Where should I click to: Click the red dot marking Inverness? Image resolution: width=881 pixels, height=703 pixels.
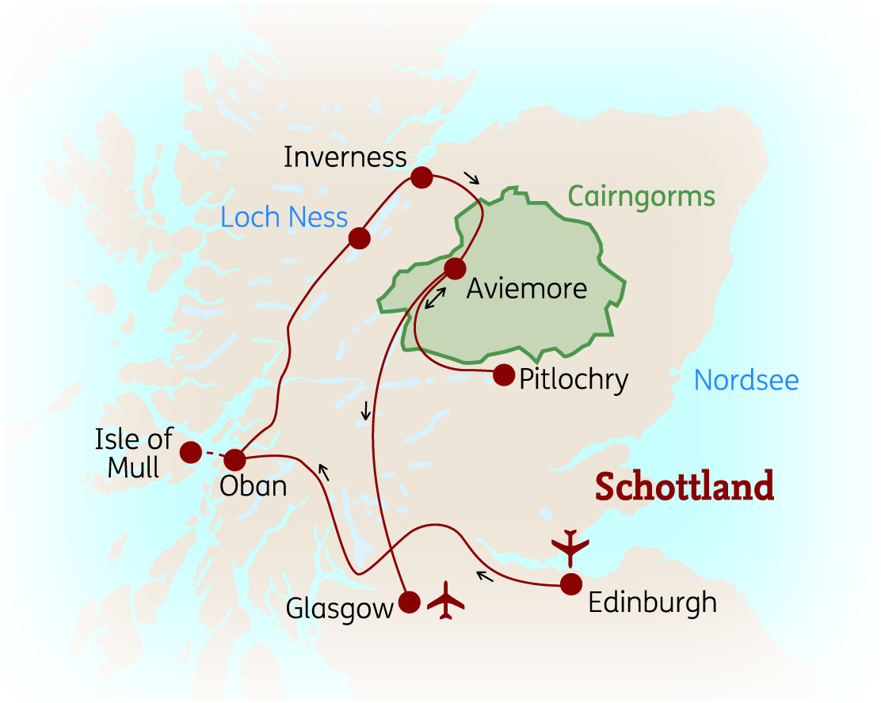point(421,177)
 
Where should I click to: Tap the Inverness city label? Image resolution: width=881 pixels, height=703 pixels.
point(345,157)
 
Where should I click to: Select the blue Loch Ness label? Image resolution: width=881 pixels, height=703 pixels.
point(284,217)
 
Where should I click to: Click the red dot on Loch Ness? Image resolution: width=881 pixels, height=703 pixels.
point(360,238)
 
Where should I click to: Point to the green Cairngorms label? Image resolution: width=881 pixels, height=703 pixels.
point(641,196)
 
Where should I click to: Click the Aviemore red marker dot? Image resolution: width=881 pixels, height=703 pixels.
point(455,269)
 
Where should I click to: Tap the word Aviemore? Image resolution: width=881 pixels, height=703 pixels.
point(527,288)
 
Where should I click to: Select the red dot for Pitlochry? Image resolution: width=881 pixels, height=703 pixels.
point(504,375)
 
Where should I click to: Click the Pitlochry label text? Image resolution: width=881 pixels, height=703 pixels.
point(574,380)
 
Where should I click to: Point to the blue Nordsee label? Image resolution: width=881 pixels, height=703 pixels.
point(746,381)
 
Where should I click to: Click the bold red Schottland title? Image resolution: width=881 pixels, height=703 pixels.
point(685,486)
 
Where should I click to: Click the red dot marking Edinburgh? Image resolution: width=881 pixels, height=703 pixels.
point(571,584)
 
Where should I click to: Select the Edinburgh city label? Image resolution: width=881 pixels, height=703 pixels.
point(653,602)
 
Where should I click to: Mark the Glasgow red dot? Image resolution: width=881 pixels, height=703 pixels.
point(409,602)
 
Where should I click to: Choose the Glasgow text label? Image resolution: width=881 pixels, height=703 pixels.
point(340,609)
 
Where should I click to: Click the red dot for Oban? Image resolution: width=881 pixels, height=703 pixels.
point(235,459)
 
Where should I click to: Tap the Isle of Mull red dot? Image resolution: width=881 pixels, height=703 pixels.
point(191,452)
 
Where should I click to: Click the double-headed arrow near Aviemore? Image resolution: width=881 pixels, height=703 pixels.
point(435,298)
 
